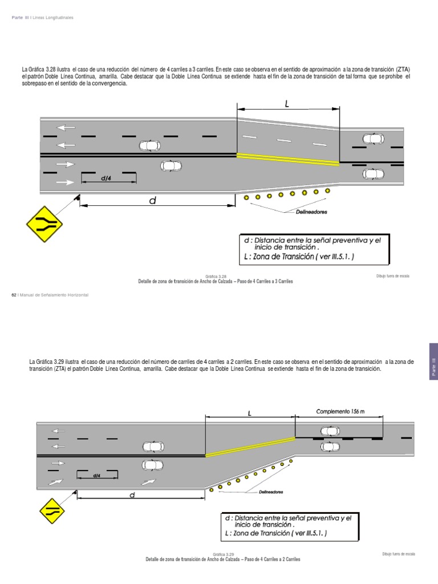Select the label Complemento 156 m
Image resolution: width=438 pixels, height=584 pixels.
click(x=340, y=411)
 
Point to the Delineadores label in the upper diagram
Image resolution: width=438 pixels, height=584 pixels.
click(x=311, y=212)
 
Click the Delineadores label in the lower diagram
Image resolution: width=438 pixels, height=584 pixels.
click(x=271, y=492)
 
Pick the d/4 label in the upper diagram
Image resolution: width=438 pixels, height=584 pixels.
click(x=106, y=179)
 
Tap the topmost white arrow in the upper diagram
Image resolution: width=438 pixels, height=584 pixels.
click(x=66, y=127)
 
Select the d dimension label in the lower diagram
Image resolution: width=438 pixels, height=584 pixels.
click(x=131, y=495)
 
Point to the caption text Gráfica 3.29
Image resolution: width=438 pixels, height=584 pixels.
click(x=224, y=554)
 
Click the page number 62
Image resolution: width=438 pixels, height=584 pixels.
click(x=14, y=294)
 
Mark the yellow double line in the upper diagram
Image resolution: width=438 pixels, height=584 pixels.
click(x=288, y=159)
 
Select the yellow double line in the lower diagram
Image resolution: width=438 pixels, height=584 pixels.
click(x=250, y=446)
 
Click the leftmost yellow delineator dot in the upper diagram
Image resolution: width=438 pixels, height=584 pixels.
click(x=246, y=198)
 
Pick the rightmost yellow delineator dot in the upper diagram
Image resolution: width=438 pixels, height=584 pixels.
click(x=327, y=191)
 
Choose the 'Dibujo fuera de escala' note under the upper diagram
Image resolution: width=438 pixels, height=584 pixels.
click(x=393, y=276)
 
